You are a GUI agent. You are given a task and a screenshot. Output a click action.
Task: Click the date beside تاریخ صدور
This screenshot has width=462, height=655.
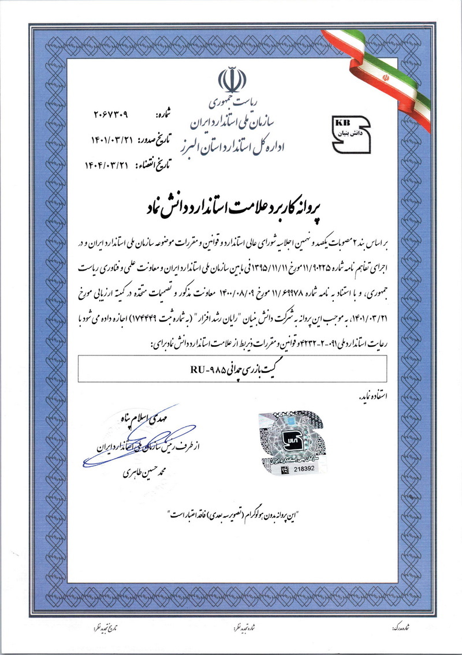[110, 139]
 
